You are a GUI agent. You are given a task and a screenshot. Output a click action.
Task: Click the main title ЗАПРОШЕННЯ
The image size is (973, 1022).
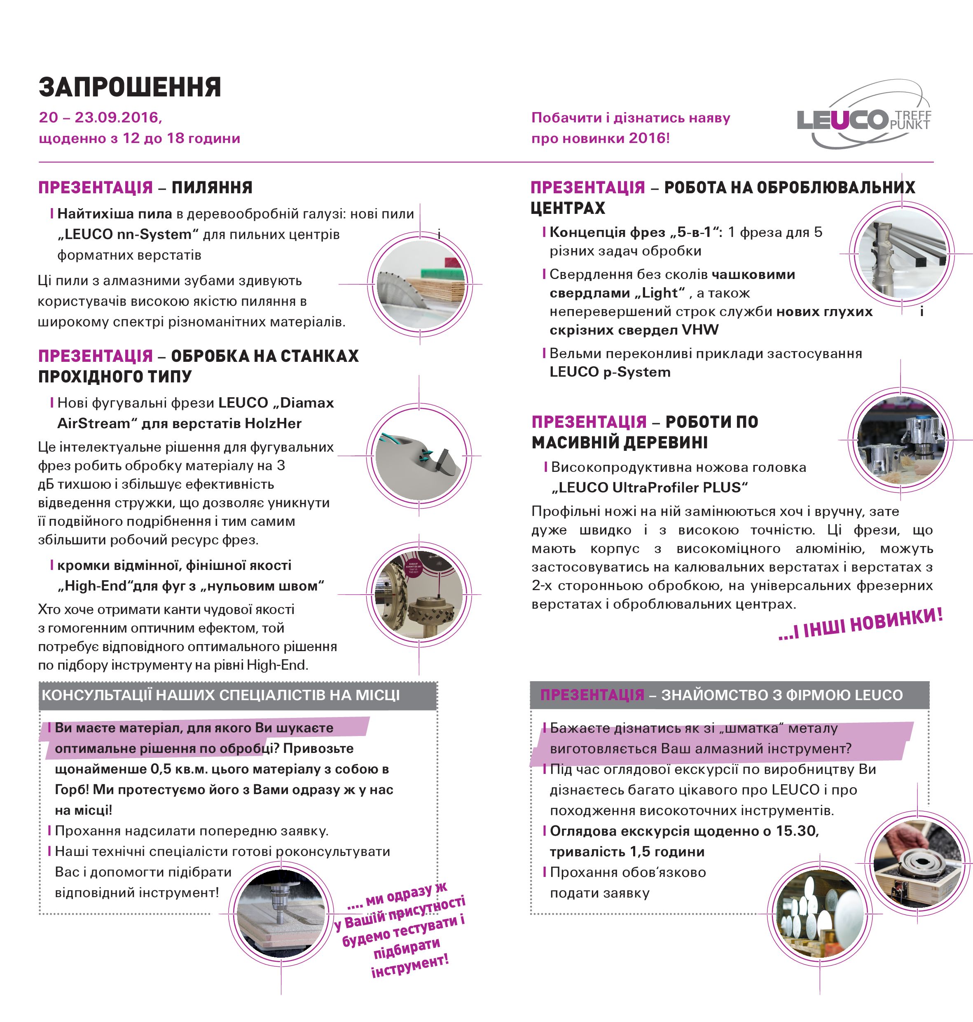pos(130,87)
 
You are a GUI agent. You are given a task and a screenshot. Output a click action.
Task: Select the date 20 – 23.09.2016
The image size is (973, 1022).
pos(100,117)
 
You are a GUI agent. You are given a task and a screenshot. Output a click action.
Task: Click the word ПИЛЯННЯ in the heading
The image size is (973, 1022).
pos(212,187)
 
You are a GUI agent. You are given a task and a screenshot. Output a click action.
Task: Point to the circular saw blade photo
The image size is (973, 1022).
pos(419,284)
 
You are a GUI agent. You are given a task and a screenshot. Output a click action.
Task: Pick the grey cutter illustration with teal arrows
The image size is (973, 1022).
pos(419,455)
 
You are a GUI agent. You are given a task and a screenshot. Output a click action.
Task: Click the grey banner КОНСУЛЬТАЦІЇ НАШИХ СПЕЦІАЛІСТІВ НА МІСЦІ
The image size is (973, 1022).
pos(238,695)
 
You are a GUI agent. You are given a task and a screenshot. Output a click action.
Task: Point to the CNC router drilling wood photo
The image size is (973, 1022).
pos(281,914)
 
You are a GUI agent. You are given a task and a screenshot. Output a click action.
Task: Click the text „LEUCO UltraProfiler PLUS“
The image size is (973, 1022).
pos(649,488)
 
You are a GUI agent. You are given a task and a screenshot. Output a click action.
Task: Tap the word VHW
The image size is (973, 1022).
pos(700,330)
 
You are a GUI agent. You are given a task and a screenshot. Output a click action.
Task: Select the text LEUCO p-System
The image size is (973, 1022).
pos(610,372)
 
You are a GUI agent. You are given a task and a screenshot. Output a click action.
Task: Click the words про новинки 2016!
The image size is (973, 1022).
pos(600,138)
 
